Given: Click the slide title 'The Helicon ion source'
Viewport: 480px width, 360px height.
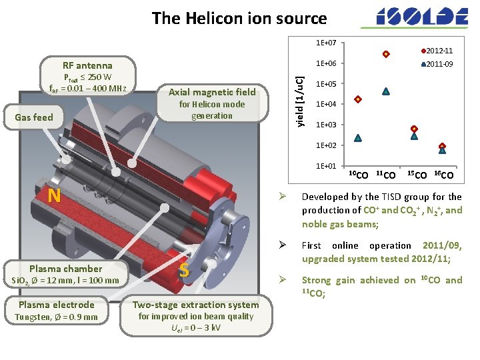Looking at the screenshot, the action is pos(239,18).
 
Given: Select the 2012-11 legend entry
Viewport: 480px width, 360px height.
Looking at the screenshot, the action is pos(436,51).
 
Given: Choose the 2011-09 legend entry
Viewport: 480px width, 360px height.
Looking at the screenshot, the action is pos(436,65).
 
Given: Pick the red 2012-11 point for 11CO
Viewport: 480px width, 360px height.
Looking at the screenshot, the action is pos(386,55).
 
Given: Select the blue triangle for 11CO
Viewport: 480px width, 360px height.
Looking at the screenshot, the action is pos(386,91).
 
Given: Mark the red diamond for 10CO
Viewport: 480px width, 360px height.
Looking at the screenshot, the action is pos(358,99).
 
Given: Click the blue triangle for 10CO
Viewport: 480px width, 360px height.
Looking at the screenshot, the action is pos(358,138).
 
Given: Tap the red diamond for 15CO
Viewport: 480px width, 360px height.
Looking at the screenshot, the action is pos(414,129).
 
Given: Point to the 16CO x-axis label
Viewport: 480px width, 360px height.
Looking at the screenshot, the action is pos(443,175).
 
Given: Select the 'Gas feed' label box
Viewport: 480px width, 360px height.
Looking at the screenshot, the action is pos(34,117).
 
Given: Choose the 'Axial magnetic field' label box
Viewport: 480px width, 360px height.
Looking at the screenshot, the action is pos(212,103).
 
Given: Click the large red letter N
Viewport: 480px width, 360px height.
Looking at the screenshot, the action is pos(55,195).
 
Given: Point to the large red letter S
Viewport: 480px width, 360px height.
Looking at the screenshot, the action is pos(185,271).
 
